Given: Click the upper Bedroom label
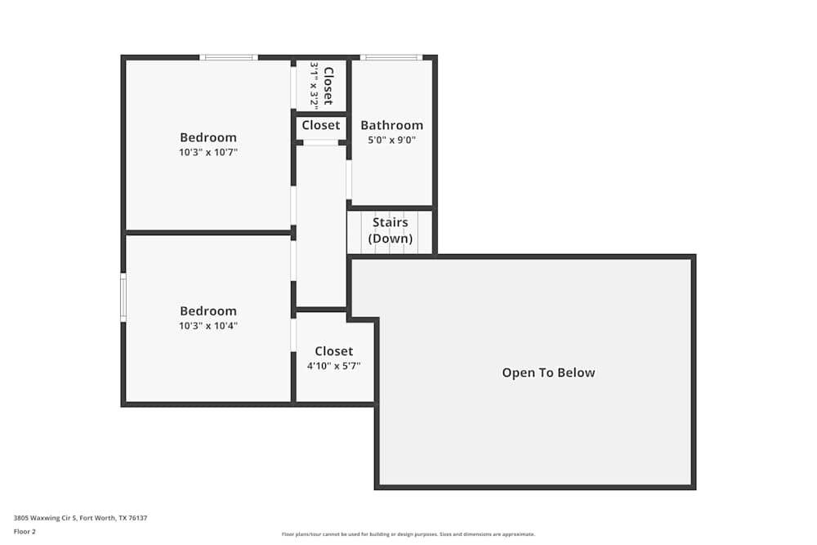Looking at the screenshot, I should (x=208, y=137).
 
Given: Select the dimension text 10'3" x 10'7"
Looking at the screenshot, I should (x=208, y=152).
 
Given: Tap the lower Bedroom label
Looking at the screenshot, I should (x=208, y=310).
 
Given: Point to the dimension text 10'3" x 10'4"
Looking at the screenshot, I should (x=208, y=325).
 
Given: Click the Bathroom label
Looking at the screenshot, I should (x=392, y=125).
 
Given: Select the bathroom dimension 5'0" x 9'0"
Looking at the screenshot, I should (x=392, y=140).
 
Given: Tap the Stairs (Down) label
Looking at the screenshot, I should (x=391, y=230).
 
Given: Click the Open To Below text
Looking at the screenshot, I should (x=548, y=373).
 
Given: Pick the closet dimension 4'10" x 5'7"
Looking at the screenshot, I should (x=334, y=366).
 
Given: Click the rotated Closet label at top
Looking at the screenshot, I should (x=328, y=86).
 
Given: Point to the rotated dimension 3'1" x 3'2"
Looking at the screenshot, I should (x=314, y=86).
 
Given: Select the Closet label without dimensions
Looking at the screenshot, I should (x=321, y=125).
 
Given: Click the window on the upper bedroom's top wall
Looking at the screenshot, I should (x=229, y=57).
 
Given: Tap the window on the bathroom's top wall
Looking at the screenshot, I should (x=391, y=57).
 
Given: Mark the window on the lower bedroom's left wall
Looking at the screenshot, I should (x=123, y=297).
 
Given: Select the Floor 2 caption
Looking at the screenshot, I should (x=25, y=531).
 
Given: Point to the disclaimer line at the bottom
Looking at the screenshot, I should (x=408, y=534).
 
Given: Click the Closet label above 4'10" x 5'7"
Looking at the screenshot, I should (x=334, y=351).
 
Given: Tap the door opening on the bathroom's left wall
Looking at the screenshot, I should (x=349, y=180).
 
